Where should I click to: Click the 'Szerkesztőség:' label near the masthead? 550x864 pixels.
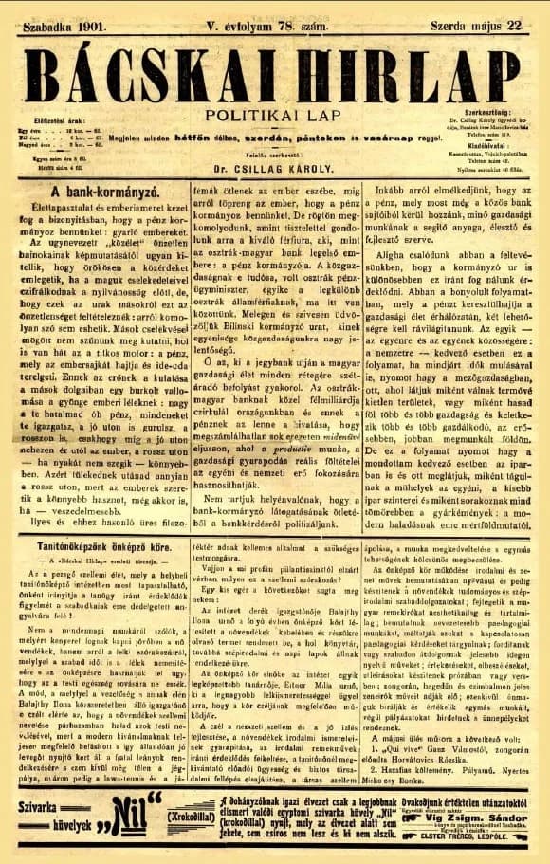point(486,111)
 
